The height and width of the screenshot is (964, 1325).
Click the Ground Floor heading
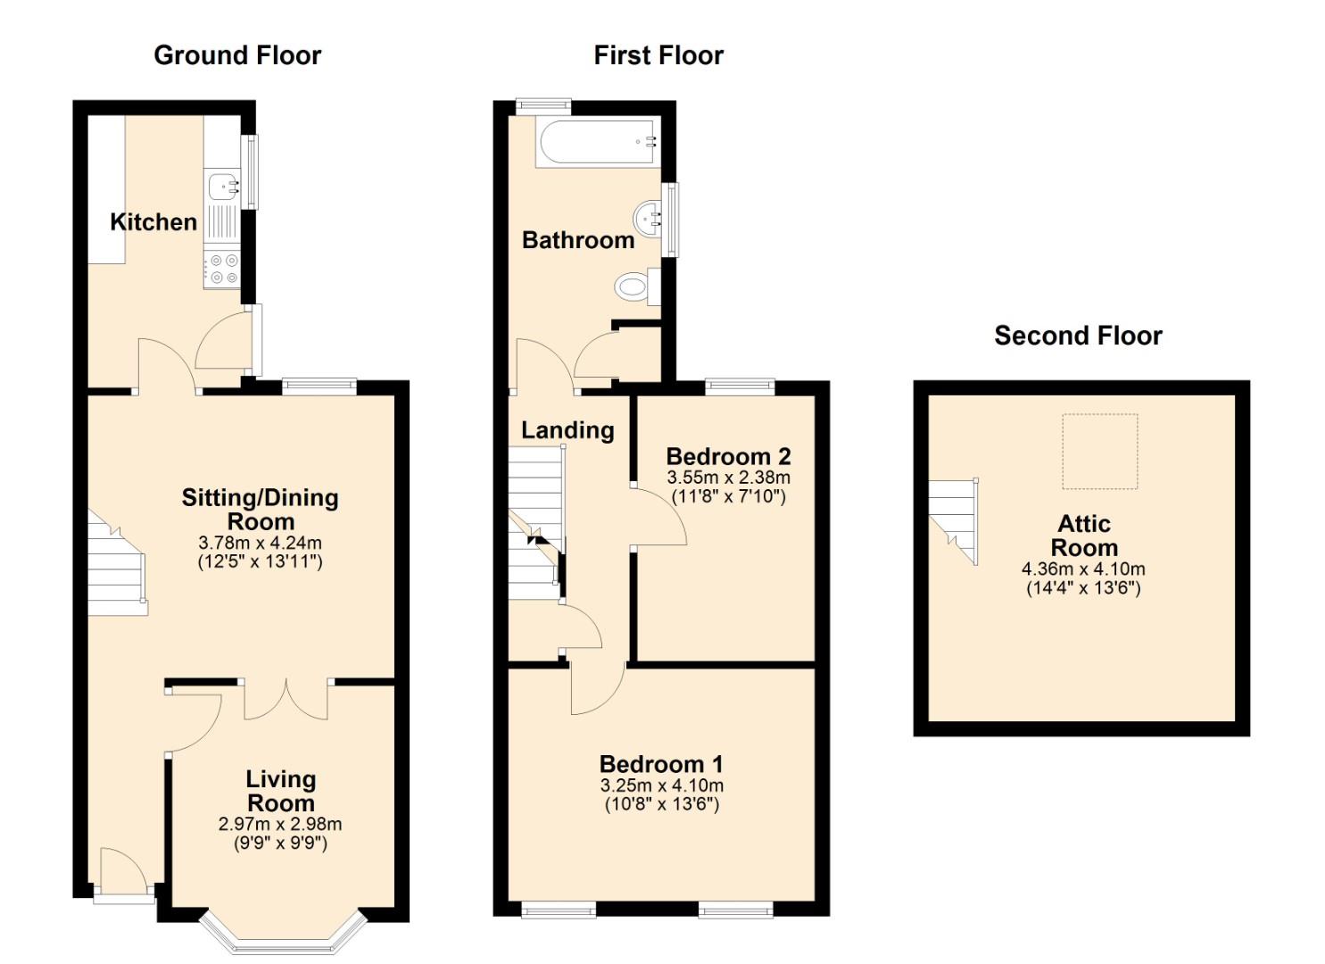[x=237, y=55]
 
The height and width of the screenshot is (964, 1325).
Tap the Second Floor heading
[x=1078, y=336]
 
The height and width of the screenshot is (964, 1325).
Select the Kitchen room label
[x=153, y=222]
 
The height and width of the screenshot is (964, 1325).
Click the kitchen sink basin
[x=222, y=186]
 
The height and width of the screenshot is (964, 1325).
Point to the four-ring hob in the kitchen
[x=223, y=270]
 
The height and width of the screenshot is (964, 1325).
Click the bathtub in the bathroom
[x=598, y=142]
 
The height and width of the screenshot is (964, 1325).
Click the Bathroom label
[x=578, y=240]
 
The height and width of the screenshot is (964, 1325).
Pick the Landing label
[x=567, y=430]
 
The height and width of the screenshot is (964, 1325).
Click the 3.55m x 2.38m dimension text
[x=728, y=477]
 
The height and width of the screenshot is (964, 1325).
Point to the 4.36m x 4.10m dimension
[x=1083, y=569]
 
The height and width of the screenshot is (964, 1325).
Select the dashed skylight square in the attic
[x=1099, y=452]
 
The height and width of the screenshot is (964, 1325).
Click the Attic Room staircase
[x=953, y=520]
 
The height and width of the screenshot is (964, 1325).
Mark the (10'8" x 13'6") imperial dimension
[x=661, y=804]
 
